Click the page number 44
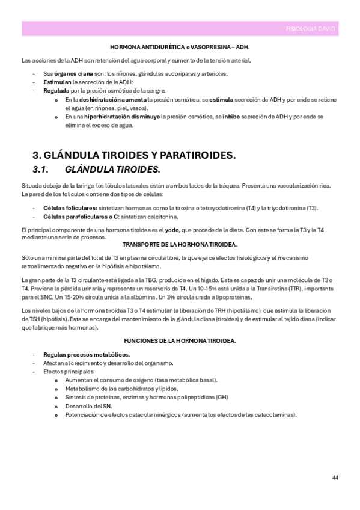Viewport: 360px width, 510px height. (335, 478)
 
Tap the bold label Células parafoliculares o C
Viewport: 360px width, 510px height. (78, 216)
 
